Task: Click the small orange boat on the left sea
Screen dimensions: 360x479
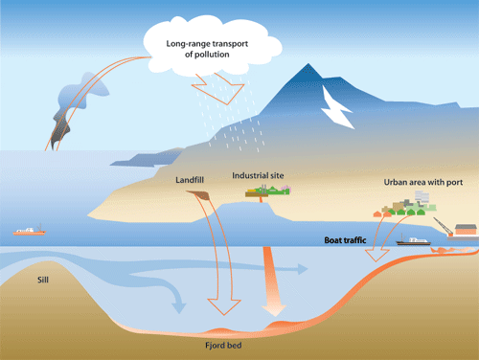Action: pos(29,231)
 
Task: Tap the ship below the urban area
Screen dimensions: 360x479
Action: pos(414,242)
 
